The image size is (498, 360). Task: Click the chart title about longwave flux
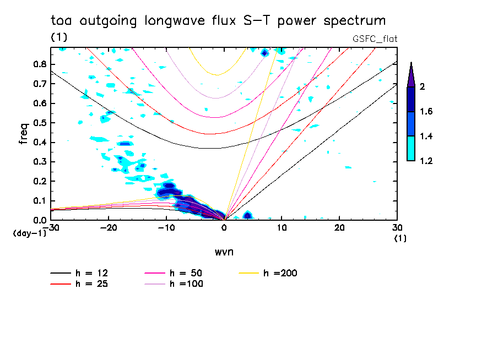click(x=218, y=21)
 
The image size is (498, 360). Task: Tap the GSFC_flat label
click(x=375, y=39)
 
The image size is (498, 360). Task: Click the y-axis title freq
click(x=23, y=134)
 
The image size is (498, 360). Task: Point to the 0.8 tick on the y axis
click(x=39, y=64)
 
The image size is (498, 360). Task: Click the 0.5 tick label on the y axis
click(x=39, y=122)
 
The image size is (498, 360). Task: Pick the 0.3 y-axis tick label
click(x=39, y=161)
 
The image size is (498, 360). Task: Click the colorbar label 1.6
click(x=427, y=112)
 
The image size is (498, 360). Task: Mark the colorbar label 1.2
click(x=427, y=161)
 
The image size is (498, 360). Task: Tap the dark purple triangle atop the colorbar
click(x=411, y=75)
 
